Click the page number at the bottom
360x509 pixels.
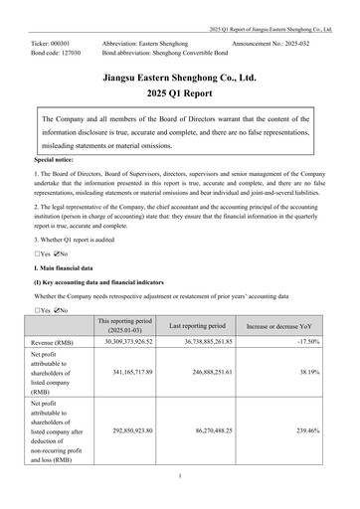(x=180, y=476)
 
